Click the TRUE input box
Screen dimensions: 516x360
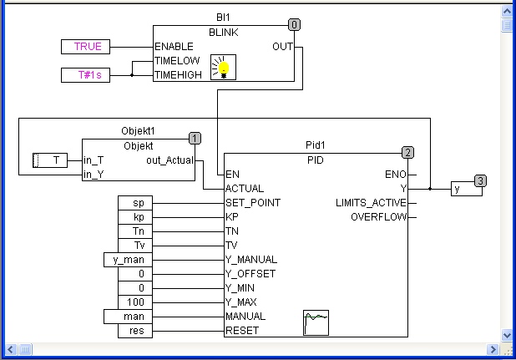85,47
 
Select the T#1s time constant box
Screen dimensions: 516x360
85,75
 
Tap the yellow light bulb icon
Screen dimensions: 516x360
223,67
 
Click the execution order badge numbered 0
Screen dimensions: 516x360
294,25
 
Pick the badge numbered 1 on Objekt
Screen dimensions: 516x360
195,138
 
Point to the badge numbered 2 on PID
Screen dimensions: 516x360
407,153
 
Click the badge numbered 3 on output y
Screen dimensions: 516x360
480,180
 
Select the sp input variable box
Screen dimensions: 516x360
135,203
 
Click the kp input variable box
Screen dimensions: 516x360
135,217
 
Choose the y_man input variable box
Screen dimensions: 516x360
128,260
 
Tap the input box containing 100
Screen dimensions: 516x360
135,302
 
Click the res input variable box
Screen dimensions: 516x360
135,331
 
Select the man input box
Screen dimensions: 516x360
128,317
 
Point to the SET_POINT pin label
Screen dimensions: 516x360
253,203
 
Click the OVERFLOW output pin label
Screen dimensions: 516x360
378,217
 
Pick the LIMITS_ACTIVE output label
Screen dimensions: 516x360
371,203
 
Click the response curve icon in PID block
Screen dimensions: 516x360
316,322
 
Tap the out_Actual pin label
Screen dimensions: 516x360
169,160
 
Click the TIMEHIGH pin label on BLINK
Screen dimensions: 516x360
178,75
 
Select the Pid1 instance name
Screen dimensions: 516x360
316,145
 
